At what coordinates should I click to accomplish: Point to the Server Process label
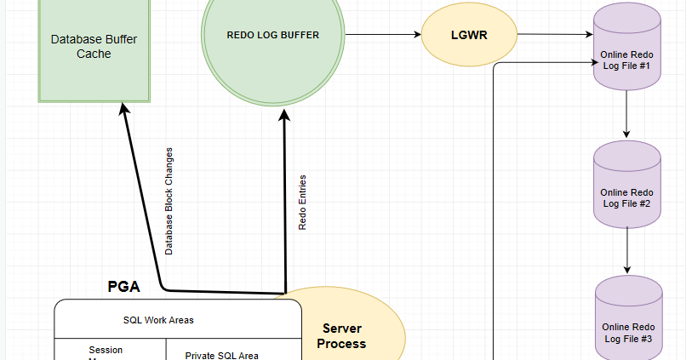(343, 336)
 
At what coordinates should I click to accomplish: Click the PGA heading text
(123, 287)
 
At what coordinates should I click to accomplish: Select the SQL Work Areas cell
(158, 320)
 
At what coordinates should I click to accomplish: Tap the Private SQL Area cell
(221, 355)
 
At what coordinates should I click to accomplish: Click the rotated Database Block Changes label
(169, 201)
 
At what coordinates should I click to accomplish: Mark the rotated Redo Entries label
(303, 203)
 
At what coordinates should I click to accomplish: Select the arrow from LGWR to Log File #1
(553, 35)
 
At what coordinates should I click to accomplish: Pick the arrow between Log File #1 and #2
(626, 114)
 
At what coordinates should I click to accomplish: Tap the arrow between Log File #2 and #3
(626, 250)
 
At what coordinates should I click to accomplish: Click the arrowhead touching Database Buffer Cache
(124, 110)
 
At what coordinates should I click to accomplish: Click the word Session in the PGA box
(106, 350)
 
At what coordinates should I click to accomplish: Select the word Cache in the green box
(94, 54)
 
